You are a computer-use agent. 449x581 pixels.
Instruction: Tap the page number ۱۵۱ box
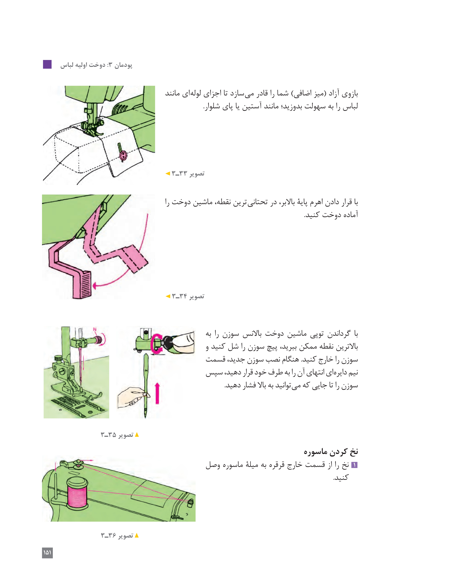click(47, 553)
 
